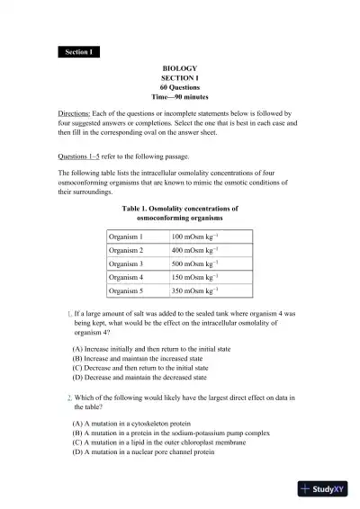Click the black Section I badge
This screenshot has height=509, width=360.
[x=78, y=52]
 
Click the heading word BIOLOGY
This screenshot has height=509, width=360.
[x=179, y=68]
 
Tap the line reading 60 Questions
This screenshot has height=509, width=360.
[x=179, y=86]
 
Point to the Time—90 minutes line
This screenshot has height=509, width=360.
[x=179, y=95]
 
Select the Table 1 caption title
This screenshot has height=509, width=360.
[x=179, y=212]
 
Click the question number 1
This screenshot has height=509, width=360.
[x=69, y=312]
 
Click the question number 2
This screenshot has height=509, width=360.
[x=69, y=422]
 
